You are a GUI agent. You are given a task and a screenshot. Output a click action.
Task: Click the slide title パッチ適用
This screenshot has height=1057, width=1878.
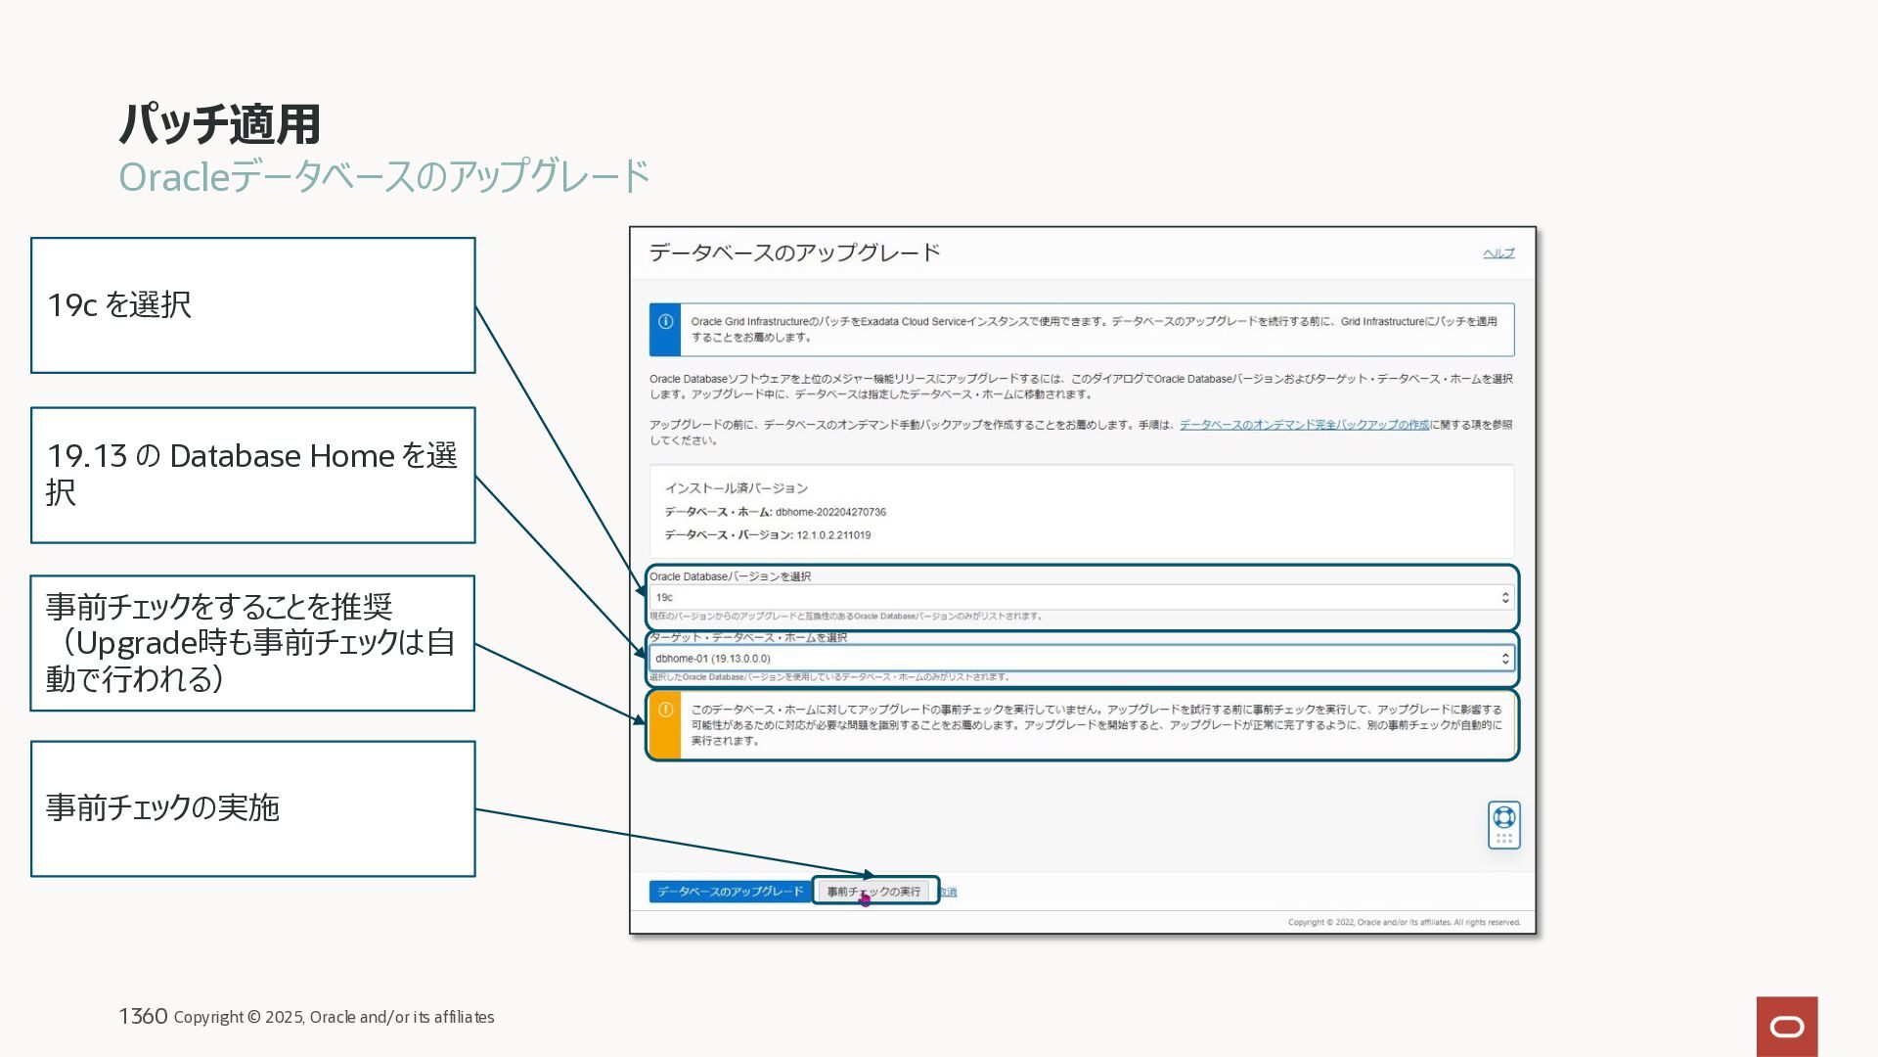coord(219,124)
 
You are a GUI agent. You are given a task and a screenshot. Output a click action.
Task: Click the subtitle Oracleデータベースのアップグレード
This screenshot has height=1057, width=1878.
coord(383,177)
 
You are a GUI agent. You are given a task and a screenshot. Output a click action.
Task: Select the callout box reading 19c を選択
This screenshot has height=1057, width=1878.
coord(252,305)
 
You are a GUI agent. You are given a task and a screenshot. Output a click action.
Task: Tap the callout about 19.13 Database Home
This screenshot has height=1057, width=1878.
coord(252,475)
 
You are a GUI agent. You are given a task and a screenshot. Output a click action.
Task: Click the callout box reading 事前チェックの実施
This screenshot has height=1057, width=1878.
coord(252,808)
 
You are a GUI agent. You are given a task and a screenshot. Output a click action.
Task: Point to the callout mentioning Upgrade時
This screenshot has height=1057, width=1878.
coord(252,643)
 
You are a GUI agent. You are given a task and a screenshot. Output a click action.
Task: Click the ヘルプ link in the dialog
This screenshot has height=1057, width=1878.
coord(1498,253)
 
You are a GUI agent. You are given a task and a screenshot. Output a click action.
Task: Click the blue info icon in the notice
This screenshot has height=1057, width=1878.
coord(665,322)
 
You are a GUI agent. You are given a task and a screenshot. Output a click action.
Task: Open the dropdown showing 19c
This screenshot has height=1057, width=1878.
coord(1081,597)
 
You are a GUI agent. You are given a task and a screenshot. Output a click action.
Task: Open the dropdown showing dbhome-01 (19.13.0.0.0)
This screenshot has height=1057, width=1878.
coord(1081,659)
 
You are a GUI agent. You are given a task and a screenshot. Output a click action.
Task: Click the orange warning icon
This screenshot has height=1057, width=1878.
coord(665,711)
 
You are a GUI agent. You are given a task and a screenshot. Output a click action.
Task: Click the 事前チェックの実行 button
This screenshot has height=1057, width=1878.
coord(873,892)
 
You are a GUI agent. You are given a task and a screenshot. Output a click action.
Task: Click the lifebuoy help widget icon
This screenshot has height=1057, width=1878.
coord(1503,817)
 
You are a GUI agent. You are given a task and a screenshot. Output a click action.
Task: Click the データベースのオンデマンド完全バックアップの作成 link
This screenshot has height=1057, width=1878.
coord(1304,425)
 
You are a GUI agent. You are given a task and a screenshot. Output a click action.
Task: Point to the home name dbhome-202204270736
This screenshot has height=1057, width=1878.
coord(830,512)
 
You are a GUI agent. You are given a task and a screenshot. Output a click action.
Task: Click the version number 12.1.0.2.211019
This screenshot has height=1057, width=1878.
coord(833,535)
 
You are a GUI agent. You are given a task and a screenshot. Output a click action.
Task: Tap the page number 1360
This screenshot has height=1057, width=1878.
coord(143,1016)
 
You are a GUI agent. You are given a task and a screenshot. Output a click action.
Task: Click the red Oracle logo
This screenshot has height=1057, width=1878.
coord(1786,1026)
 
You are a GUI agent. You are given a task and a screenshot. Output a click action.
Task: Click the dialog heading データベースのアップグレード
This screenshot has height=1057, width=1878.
coord(794,253)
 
